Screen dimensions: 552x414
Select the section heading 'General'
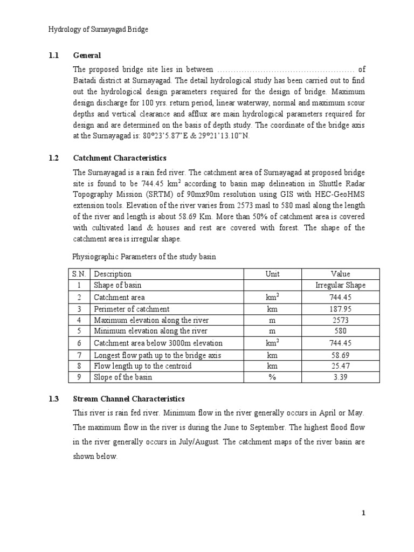(87, 56)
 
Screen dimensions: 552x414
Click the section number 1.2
(54, 158)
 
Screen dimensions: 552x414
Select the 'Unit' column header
(273, 274)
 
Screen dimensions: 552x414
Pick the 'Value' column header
(340, 274)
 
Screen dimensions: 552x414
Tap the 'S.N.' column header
(79, 274)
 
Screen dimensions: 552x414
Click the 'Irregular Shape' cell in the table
(340, 285)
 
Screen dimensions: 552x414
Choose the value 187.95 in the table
(340, 309)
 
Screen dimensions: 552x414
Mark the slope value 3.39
(340, 377)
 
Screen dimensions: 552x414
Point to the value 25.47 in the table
(340, 366)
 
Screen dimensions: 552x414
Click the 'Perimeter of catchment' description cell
(132, 309)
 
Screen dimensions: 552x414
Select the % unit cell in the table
(273, 377)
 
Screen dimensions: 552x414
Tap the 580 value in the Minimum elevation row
(340, 331)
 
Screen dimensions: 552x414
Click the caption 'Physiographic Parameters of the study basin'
(144, 257)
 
